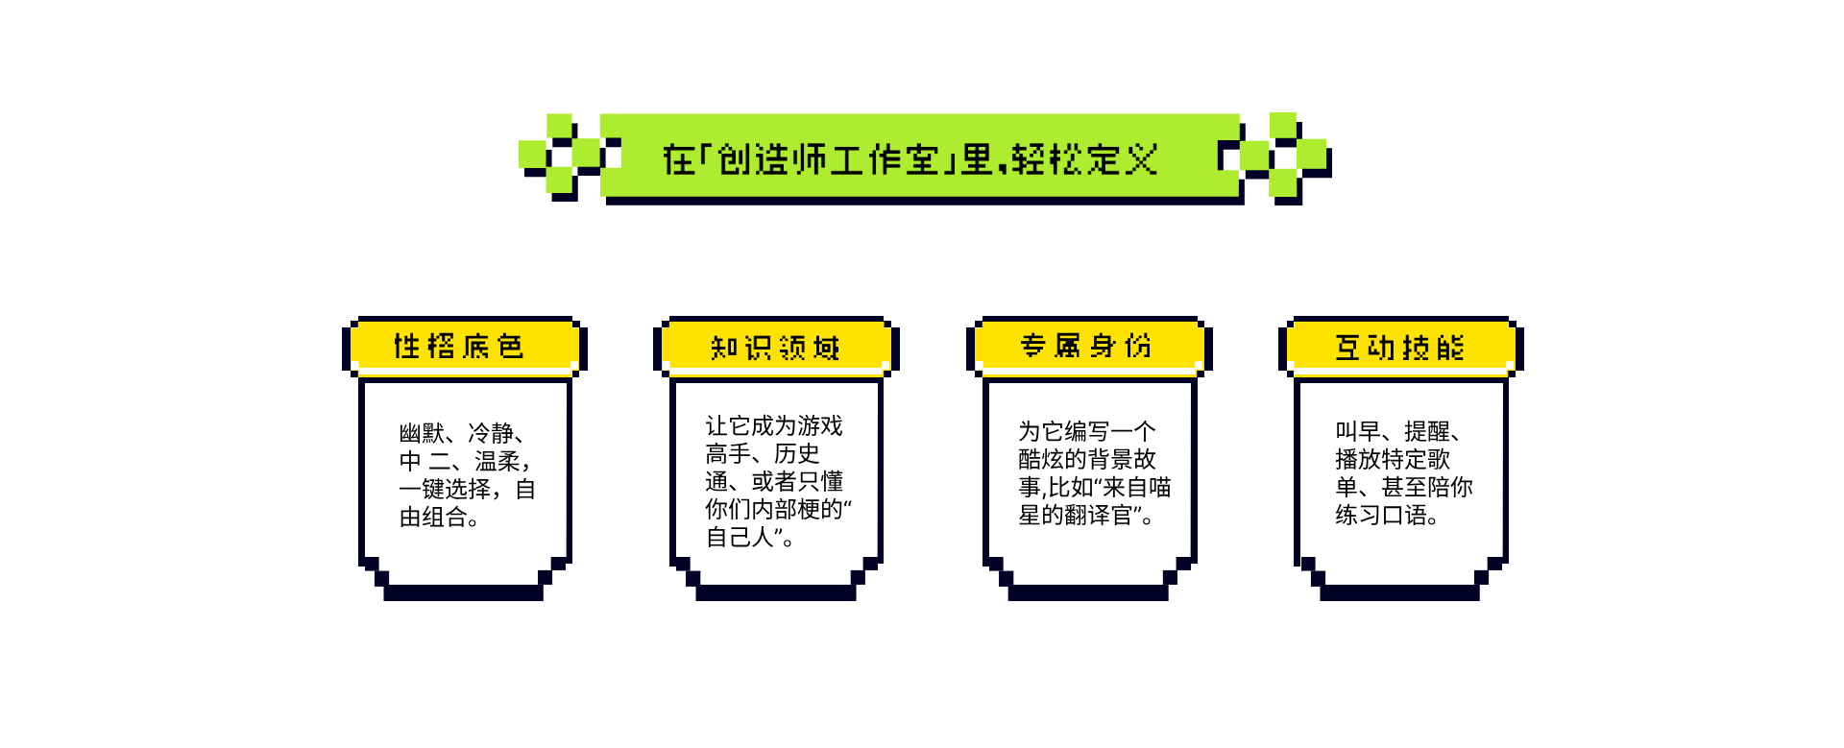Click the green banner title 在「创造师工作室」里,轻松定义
click(x=910, y=159)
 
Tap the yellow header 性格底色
click(x=459, y=346)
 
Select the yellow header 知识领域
click(x=775, y=347)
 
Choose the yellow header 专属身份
click(x=1086, y=346)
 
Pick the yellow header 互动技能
click(x=1399, y=347)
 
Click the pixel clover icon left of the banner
click(x=560, y=157)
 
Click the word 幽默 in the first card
click(x=422, y=433)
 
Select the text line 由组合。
click(x=439, y=517)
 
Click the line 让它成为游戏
click(x=774, y=425)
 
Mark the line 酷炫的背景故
click(x=1087, y=459)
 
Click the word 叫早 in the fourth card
click(x=1358, y=431)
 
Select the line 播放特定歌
click(x=1393, y=459)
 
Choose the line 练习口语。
click(x=1387, y=515)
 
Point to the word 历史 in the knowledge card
click(x=797, y=453)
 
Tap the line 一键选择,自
click(x=468, y=489)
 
